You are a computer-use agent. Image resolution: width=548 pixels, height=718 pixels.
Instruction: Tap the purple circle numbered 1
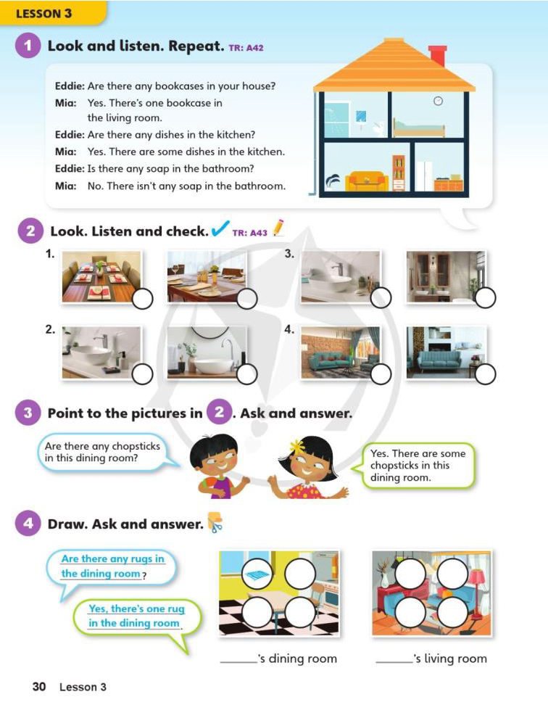tap(28, 46)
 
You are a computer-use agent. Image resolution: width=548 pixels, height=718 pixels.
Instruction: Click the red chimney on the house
tap(438, 56)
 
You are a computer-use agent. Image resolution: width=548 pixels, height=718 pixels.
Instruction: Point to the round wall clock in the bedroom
tap(438, 101)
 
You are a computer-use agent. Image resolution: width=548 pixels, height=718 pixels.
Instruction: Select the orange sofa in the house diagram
tap(366, 181)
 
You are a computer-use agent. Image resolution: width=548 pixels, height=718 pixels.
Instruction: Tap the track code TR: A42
tap(246, 48)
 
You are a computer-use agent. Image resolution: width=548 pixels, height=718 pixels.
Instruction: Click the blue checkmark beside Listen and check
tap(220, 228)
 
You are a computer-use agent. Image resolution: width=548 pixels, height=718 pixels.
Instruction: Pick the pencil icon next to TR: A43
tap(278, 228)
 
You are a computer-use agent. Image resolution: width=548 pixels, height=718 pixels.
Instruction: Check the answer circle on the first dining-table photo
tap(142, 299)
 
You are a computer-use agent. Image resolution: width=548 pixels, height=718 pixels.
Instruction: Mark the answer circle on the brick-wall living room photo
tap(381, 374)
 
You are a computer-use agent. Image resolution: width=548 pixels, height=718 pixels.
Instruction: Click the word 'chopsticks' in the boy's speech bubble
tap(136, 446)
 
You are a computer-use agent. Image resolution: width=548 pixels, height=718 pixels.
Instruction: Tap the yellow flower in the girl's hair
tap(298, 445)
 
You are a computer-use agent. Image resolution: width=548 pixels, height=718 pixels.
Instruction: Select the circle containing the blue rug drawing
tap(257, 573)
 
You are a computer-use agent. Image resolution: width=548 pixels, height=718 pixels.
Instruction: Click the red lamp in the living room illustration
tap(476, 590)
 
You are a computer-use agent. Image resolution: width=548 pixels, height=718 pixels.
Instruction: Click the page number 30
tap(39, 686)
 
